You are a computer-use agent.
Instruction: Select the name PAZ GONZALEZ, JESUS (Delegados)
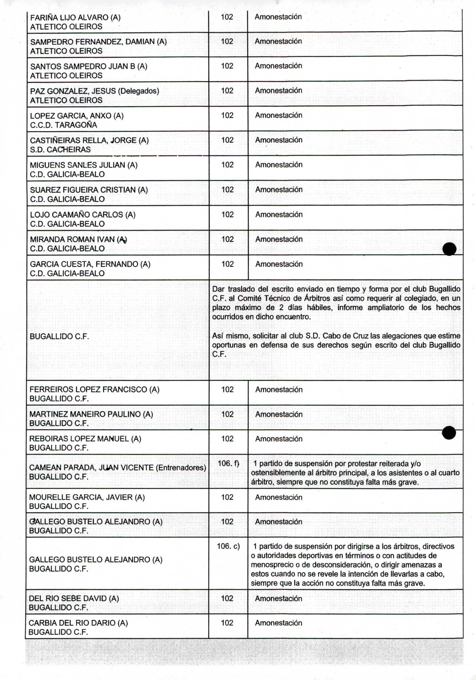94,91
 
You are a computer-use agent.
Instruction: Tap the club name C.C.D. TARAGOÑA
63,125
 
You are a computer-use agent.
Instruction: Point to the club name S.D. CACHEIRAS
60,150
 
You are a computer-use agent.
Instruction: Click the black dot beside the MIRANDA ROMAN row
449,249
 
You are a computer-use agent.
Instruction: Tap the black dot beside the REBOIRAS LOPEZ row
449,433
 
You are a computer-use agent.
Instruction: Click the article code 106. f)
228,463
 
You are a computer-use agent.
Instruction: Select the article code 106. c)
228,546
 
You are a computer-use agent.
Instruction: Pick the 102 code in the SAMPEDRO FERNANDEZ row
227,41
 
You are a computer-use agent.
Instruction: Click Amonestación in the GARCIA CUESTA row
279,264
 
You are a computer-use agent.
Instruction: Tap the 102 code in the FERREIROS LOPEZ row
227,390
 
